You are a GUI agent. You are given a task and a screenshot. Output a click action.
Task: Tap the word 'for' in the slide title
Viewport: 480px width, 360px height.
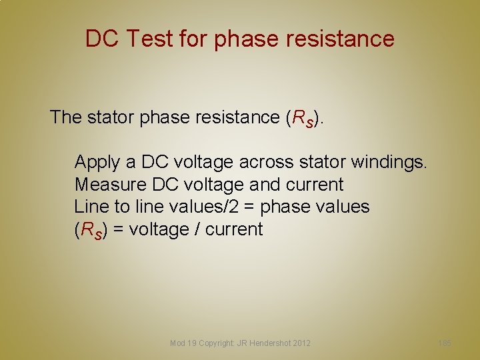pyautogui.click(x=193, y=39)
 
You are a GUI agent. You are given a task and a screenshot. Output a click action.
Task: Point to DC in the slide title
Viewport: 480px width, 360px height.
pyautogui.click(x=102, y=39)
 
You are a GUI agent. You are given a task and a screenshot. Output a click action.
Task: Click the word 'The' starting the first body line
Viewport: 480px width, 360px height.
pyautogui.click(x=65, y=117)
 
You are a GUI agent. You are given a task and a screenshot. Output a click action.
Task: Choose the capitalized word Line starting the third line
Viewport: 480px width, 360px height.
pyautogui.click(x=90, y=207)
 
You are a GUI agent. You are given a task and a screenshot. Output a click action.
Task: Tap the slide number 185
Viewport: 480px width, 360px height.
pyautogui.click(x=445, y=343)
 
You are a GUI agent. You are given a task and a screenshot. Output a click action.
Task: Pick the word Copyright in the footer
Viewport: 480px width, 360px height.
pyautogui.click(x=216, y=343)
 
